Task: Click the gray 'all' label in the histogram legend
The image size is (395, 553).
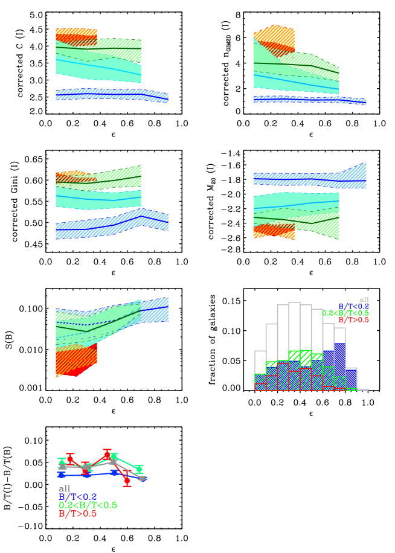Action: [x=364, y=299]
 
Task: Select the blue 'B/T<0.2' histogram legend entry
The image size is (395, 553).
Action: [x=353, y=307]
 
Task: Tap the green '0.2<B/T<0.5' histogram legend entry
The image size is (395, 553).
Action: [x=345, y=313]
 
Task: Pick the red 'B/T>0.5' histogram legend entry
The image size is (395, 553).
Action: [x=353, y=320]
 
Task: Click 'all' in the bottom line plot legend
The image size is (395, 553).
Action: [x=65, y=488]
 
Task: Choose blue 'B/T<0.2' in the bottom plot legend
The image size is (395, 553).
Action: [x=77, y=497]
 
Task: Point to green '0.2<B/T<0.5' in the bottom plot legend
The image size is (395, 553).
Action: [x=88, y=505]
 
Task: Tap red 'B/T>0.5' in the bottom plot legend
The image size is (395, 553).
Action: [x=77, y=514]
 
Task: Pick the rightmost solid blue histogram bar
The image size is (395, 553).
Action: [x=351, y=379]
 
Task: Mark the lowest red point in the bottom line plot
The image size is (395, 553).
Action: [x=127, y=481]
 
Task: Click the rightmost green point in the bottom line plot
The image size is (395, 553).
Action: [x=139, y=469]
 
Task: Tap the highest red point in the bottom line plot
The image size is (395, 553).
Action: [x=107, y=455]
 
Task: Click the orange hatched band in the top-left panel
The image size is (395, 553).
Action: [x=76, y=34]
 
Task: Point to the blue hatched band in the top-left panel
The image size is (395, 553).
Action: [x=112, y=95]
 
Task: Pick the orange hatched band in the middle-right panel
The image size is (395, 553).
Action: [x=274, y=230]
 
